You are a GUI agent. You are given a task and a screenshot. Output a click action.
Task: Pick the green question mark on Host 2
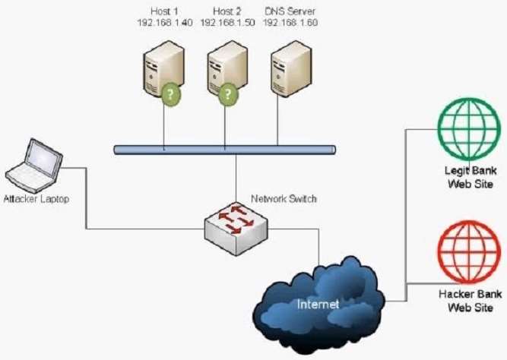229,96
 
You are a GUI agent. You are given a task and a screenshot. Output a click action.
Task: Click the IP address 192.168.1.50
225,23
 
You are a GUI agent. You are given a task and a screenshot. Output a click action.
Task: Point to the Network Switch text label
284,199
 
